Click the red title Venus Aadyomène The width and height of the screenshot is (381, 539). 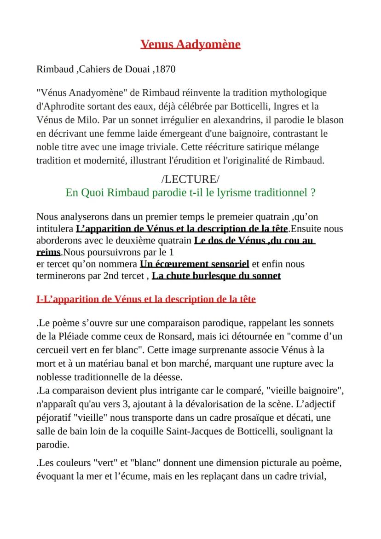click(x=190, y=44)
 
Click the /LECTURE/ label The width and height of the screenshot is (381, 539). click(x=190, y=180)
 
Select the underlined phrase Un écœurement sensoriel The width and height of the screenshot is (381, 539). click(x=194, y=264)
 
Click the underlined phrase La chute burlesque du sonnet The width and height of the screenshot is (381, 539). click(x=216, y=276)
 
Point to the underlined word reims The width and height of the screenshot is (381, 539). click(x=48, y=252)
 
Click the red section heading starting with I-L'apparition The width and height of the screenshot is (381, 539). click(x=146, y=299)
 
